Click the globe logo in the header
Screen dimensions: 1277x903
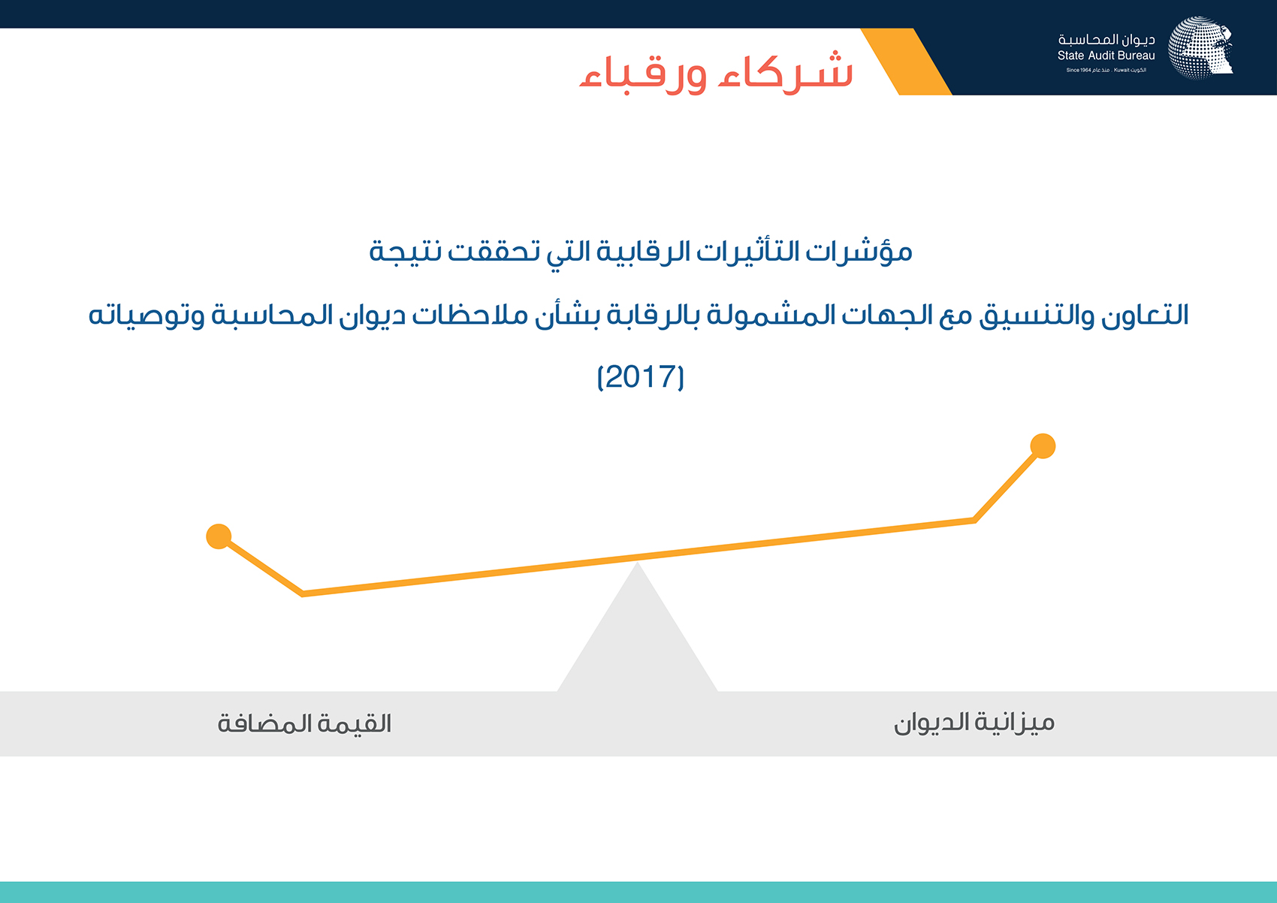click(1200, 47)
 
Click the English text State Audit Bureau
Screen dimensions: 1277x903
click(1106, 56)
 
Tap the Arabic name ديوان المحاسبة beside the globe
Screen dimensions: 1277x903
click(1106, 39)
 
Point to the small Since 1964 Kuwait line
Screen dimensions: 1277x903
click(1106, 70)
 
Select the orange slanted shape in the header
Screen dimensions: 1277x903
click(907, 62)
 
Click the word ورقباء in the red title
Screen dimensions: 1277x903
click(643, 75)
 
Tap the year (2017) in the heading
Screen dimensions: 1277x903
click(640, 377)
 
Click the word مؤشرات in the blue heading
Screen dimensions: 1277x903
click(859, 251)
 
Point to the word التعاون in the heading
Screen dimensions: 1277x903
click(1146, 315)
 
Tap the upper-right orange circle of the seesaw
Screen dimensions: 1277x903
click(1043, 445)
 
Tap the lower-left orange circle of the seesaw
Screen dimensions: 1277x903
click(219, 536)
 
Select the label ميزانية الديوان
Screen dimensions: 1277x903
click(974, 723)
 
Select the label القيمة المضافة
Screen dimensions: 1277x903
click(304, 723)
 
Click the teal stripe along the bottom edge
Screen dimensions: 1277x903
click(638, 892)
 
